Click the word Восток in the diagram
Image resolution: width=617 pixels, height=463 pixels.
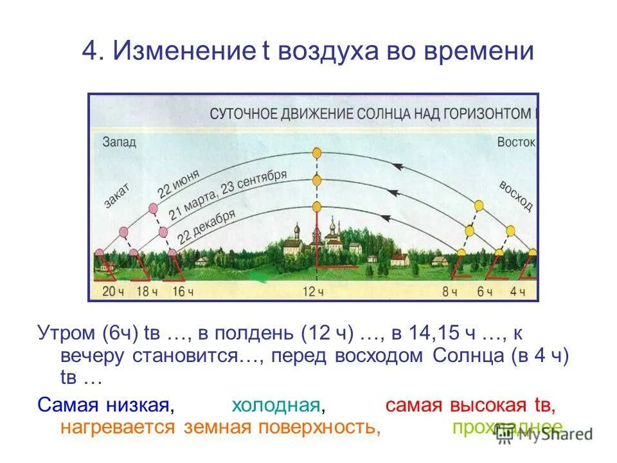point(515,142)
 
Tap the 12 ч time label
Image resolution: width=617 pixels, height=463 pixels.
point(312,291)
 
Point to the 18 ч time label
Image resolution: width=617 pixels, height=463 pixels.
point(147,291)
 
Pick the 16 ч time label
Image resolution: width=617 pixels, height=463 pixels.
point(183,291)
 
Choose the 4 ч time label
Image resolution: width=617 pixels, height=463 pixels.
point(518,291)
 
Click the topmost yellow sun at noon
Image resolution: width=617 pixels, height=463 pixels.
point(316,153)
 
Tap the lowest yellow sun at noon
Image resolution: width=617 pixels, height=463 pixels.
point(316,206)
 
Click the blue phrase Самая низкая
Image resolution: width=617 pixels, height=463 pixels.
point(106,406)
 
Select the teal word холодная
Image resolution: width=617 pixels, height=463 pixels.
point(276,406)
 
